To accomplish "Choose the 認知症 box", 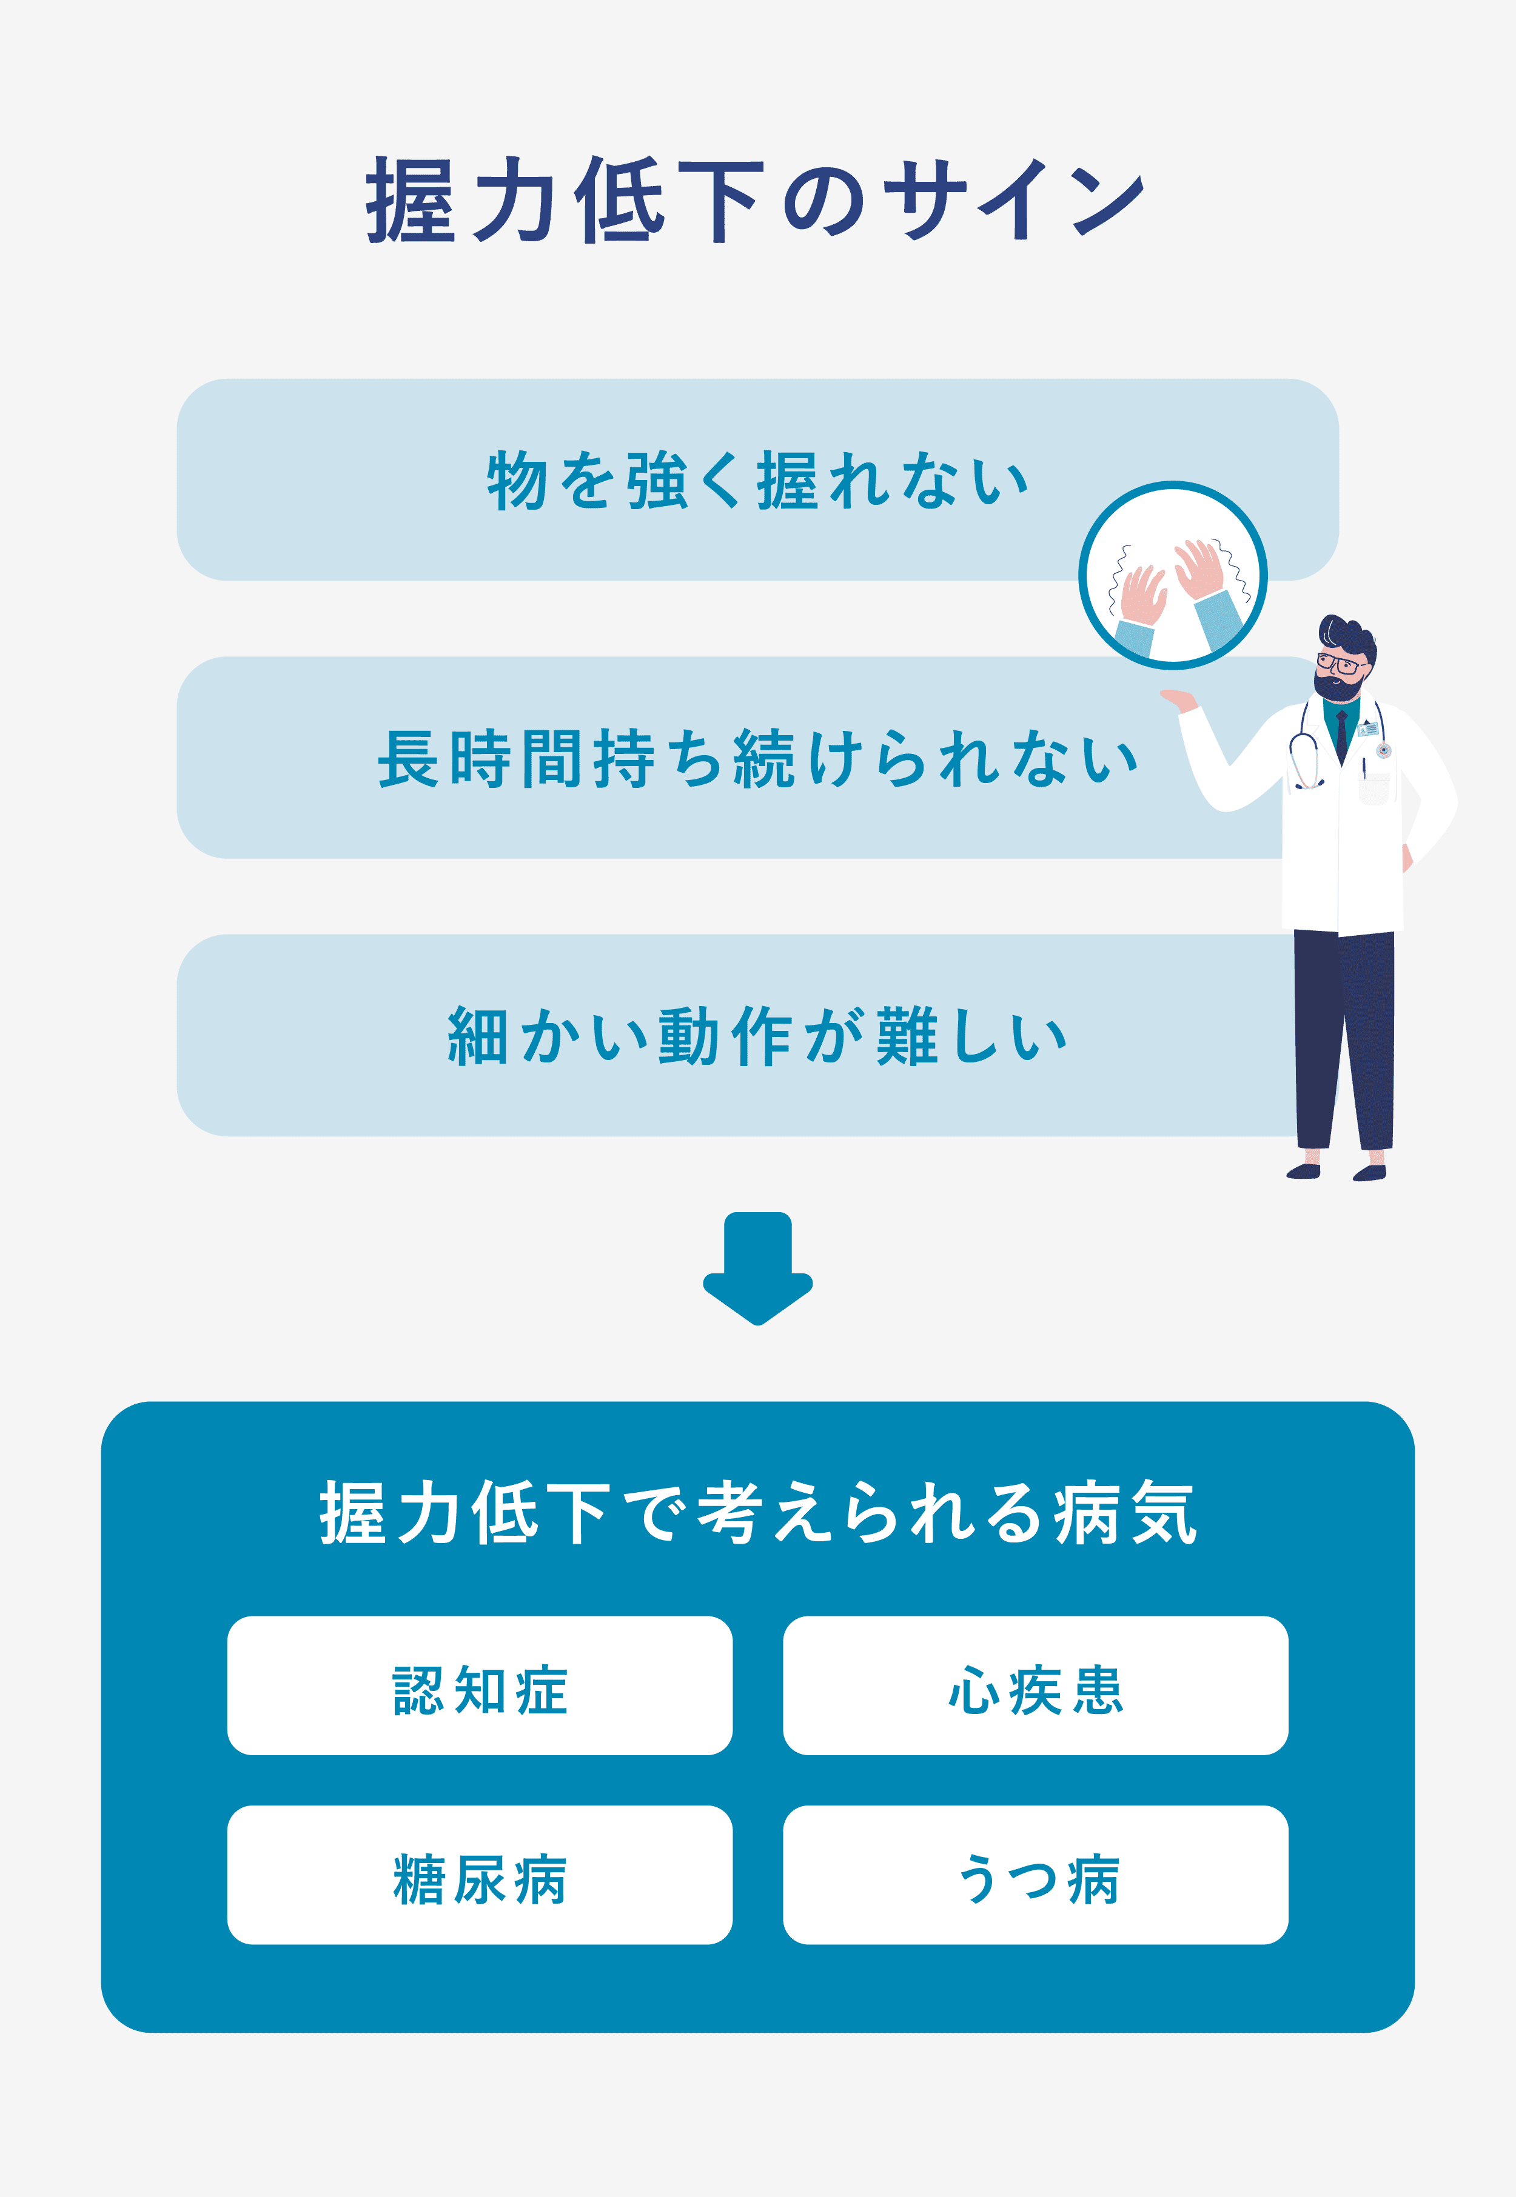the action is pos(480,1685).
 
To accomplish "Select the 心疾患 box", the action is pos(1035,1685).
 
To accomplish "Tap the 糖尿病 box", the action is pos(480,1875).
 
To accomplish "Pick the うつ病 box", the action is pos(1035,1875).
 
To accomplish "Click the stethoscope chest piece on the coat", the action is pos(1384,751).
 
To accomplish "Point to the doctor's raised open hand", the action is pos(1178,700).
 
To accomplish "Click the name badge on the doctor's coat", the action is pos(1368,729).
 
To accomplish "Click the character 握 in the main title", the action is pos(411,199).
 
